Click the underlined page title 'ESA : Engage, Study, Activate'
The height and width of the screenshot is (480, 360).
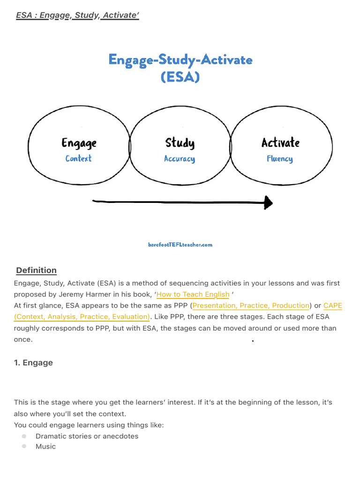tap(78, 16)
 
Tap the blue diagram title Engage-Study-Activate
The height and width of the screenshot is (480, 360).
tap(180, 60)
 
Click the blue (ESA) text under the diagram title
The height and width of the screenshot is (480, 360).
tap(180, 76)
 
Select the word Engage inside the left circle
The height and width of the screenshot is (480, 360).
tap(79, 142)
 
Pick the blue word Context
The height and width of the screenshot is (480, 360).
tap(79, 158)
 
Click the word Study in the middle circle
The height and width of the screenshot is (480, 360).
tap(180, 142)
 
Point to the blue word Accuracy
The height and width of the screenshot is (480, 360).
tap(180, 159)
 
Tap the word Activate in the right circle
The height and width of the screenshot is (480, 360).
tap(280, 142)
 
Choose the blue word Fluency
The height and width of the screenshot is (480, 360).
tap(280, 159)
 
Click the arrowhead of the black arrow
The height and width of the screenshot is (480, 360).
tap(268, 202)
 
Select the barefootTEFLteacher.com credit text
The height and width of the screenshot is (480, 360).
tap(180, 244)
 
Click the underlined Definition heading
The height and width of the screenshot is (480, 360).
tap(36, 270)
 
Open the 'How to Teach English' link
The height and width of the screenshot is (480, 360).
tap(193, 295)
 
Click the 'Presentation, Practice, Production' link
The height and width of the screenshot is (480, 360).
tap(251, 306)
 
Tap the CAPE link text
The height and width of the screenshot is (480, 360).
tap(333, 306)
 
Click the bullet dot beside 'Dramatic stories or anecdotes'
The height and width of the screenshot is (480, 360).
tap(24, 436)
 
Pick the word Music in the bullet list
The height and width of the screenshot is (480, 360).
tap(45, 447)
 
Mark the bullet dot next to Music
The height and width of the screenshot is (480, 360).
tap(24, 447)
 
